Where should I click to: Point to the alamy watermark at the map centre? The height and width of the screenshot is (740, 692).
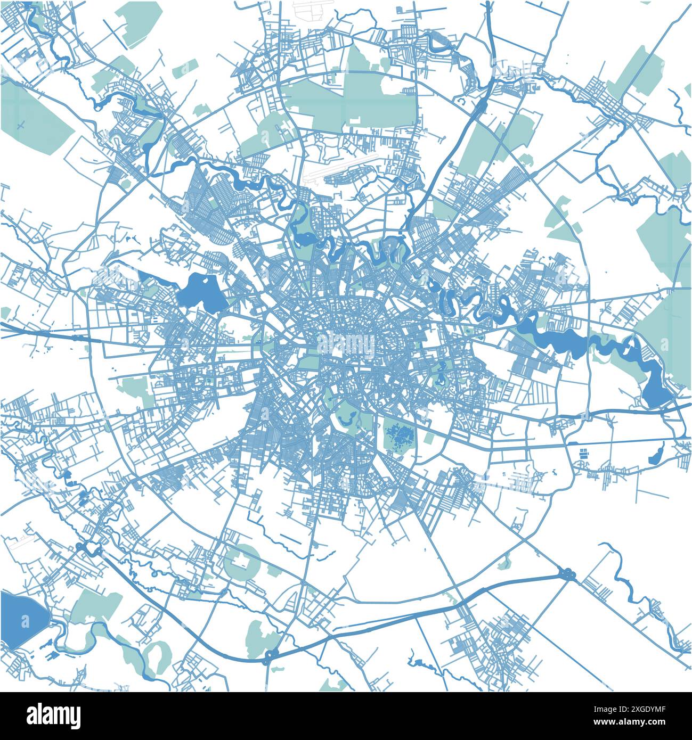pos(346,343)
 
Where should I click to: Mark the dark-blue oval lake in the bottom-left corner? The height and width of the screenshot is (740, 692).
pos(21,619)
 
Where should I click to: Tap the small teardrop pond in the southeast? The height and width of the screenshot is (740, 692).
pos(656,453)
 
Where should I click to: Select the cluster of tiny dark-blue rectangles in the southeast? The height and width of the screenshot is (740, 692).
pos(584,454)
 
